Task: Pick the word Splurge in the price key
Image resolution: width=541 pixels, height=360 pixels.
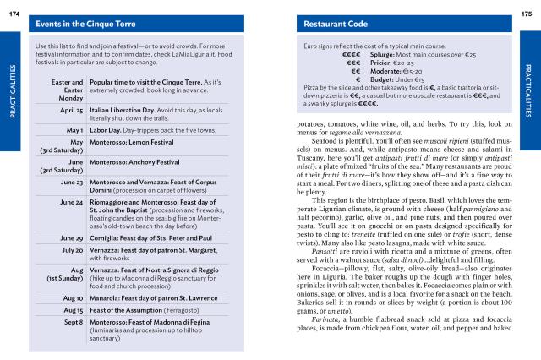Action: (376, 54)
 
